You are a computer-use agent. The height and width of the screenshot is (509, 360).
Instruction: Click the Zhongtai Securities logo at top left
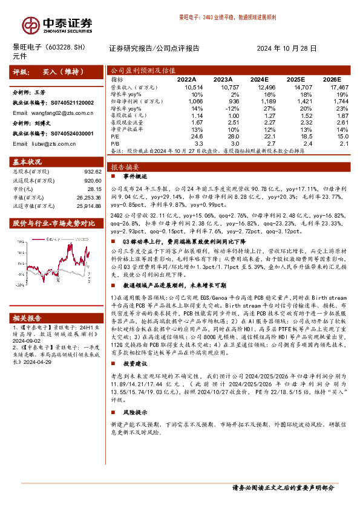[x=58, y=24]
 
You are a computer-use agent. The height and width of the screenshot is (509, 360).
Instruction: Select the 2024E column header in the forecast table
[x=276, y=79]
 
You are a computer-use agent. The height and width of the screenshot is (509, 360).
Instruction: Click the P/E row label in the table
[x=116, y=137]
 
